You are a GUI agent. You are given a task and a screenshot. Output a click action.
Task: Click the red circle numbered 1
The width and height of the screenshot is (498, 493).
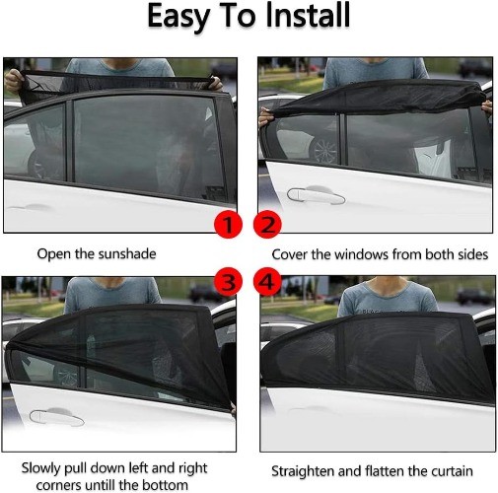coord(228,224)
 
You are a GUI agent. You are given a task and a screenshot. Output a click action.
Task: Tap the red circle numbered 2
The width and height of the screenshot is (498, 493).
coord(267,224)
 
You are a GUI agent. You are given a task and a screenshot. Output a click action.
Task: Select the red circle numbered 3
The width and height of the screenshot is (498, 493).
coord(228,282)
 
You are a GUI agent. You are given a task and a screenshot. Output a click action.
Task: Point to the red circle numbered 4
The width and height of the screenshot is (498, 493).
coord(267,282)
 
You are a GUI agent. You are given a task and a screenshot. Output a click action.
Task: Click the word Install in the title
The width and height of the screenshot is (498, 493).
coord(308,16)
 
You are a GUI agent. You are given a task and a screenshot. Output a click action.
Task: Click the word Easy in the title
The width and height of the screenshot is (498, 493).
coord(178,17)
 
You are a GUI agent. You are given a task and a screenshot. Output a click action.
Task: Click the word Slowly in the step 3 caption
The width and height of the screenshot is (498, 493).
coord(41,468)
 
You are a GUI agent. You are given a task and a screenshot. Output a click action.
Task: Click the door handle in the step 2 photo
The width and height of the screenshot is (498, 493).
coord(316,195)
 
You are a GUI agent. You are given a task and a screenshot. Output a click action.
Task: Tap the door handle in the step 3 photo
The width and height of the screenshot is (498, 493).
coord(56,417)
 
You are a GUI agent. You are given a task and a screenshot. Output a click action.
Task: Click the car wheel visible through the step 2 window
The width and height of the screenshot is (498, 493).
coord(324,151)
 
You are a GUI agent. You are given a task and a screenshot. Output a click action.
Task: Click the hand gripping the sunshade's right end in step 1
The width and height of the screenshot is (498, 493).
coord(215,84)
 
